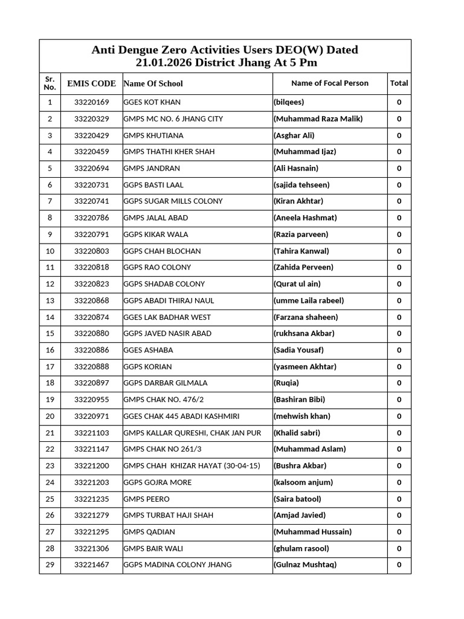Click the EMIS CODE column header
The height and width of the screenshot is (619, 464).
(x=91, y=83)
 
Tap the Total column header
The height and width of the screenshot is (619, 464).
(x=399, y=83)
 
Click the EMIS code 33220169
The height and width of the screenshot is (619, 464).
(x=91, y=103)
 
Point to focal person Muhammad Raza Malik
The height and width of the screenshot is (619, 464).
(x=318, y=119)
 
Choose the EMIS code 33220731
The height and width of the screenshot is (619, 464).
(x=91, y=185)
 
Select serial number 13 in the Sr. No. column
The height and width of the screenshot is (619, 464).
(x=50, y=300)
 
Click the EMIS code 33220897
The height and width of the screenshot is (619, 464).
(x=91, y=383)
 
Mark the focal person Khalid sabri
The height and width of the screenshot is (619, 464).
(x=297, y=433)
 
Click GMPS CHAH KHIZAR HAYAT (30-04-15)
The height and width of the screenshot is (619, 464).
(x=192, y=466)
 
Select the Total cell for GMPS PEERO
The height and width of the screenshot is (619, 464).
(x=399, y=499)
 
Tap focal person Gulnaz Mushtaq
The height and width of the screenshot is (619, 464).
(x=304, y=565)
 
